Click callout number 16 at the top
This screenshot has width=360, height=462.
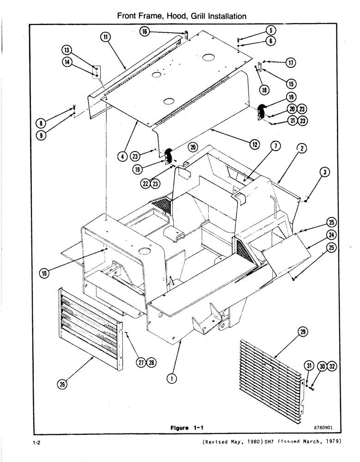145,31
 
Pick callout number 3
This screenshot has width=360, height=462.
326,172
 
